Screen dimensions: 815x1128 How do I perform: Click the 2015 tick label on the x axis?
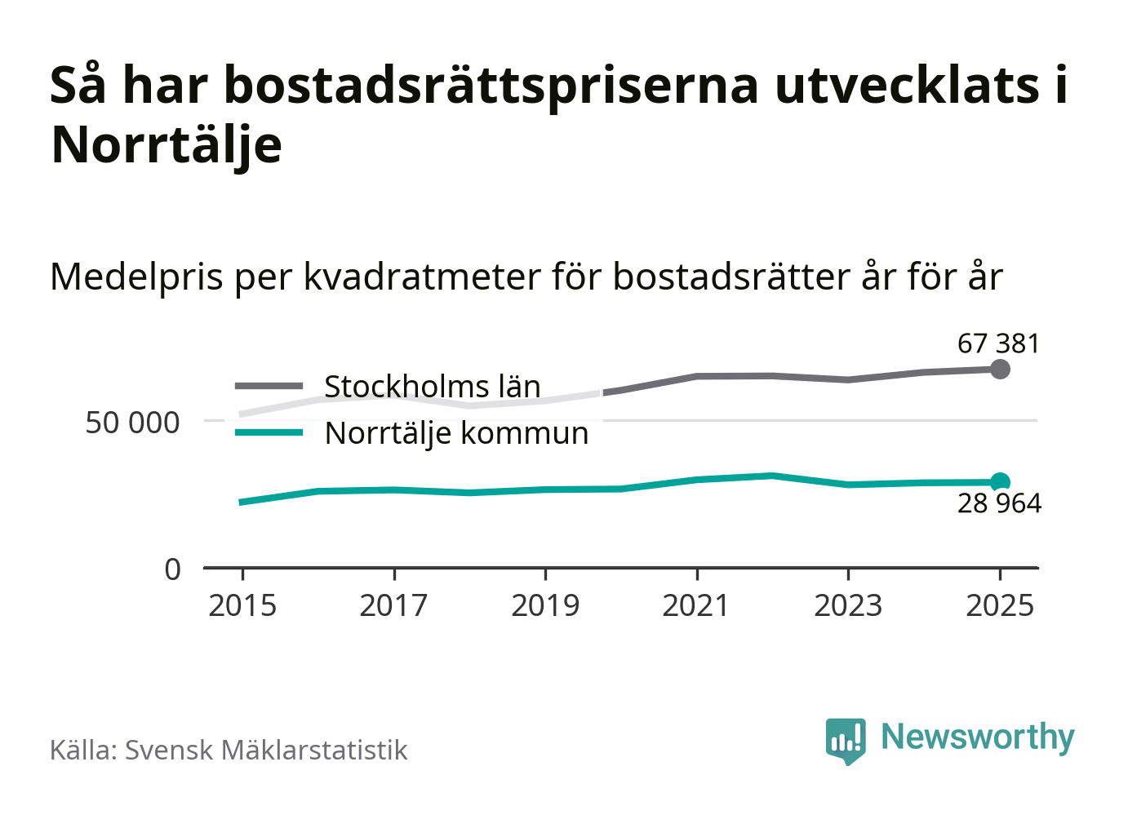242,605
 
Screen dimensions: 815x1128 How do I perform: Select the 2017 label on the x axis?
393,605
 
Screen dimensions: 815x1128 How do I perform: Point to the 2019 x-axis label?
545,605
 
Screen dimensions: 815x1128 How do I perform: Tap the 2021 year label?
696,605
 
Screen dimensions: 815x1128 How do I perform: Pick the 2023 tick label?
848,605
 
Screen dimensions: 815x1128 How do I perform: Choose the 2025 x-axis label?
1000,605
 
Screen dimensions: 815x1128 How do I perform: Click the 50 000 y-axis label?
132,423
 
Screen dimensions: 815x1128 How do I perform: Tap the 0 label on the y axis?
172,569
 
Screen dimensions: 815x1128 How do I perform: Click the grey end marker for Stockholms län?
1000,370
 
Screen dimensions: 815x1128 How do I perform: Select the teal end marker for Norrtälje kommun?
1000,482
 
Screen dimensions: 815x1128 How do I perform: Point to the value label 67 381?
999,343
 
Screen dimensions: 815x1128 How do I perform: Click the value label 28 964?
999,503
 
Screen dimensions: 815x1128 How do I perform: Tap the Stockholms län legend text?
432,387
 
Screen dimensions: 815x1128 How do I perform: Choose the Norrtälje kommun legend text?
456,433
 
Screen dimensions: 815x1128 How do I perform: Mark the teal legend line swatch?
269,432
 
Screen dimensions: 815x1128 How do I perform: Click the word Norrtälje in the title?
167,145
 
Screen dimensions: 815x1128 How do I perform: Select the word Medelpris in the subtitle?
136,277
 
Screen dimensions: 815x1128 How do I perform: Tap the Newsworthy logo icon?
845,740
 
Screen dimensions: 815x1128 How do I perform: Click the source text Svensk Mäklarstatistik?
266,750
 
